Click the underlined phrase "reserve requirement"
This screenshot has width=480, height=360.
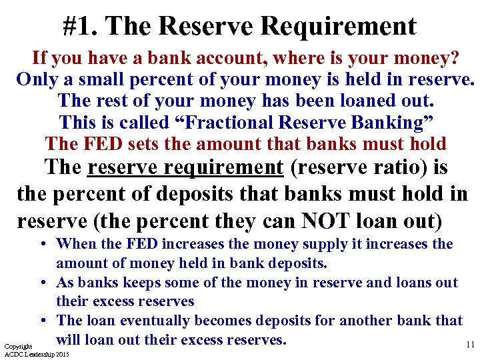[x=185, y=167]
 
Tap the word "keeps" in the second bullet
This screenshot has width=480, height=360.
[x=159, y=282]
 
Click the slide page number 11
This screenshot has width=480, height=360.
[x=470, y=345]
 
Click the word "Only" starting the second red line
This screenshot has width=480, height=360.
[x=37, y=80]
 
